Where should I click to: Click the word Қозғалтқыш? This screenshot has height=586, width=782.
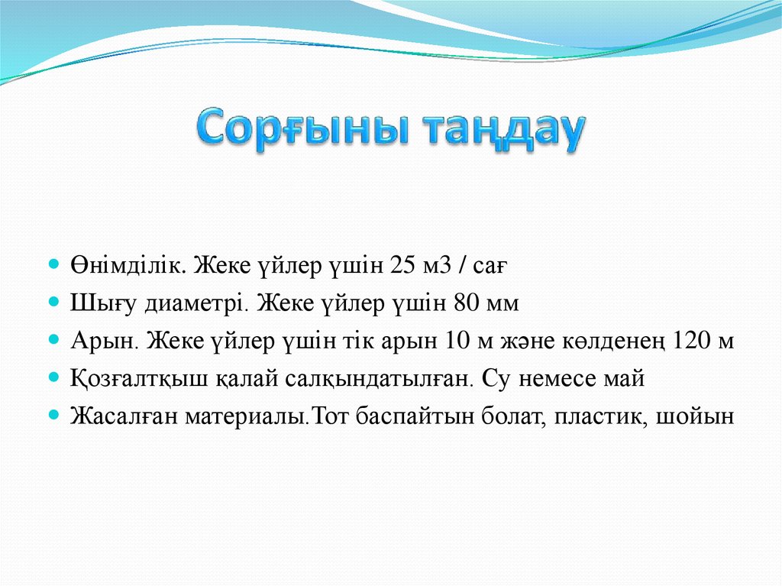123,378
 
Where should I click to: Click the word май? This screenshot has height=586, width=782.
629,378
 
